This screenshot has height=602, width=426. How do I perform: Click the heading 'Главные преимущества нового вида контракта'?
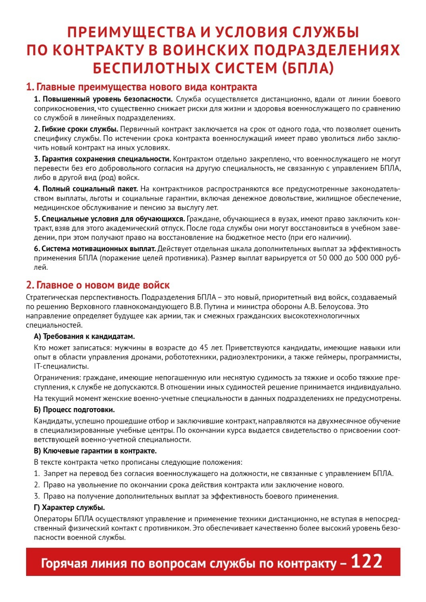pyautogui.click(x=141, y=87)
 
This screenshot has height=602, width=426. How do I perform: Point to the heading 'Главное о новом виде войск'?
pyautogui.click(x=98, y=285)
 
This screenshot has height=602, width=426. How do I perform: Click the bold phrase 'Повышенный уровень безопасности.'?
pyautogui.click(x=103, y=99)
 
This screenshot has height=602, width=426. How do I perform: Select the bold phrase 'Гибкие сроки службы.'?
pyautogui.click(x=76, y=129)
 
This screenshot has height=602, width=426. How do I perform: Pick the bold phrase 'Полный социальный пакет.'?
pyautogui.click(x=86, y=189)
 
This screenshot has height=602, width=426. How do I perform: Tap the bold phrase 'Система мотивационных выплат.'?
pyautogui.click(x=94, y=248)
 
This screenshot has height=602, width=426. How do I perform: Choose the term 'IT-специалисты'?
pyautogui.click(x=61, y=366)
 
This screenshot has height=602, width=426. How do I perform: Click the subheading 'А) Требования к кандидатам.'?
pyautogui.click(x=84, y=336)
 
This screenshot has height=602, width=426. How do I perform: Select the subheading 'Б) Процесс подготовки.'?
pyautogui.click(x=74, y=410)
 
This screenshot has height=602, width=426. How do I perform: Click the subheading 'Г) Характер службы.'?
pyautogui.click(x=69, y=507)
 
